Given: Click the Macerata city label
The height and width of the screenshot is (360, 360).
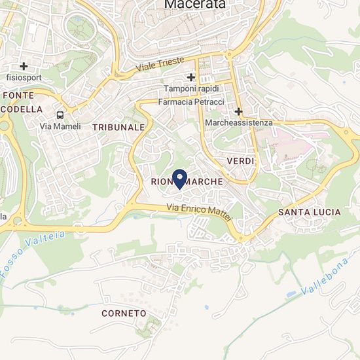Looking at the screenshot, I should (x=194, y=5).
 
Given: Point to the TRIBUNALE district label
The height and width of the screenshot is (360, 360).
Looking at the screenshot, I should (x=118, y=127).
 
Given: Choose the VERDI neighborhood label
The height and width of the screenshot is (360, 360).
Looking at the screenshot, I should (x=240, y=160).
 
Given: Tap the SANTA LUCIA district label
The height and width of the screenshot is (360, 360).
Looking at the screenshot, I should (x=309, y=212).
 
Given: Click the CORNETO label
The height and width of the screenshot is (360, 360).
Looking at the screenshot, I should (x=124, y=314).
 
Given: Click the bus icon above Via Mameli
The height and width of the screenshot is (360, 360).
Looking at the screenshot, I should (x=60, y=114).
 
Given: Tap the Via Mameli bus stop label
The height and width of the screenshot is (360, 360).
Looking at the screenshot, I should (x=60, y=126).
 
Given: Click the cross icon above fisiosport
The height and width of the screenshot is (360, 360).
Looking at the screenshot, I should (x=24, y=65).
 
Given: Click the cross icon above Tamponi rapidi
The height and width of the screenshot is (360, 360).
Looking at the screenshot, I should (x=190, y=77).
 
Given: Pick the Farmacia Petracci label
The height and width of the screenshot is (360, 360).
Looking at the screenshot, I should (x=190, y=101).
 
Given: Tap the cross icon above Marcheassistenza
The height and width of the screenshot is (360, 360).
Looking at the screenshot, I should (x=239, y=112).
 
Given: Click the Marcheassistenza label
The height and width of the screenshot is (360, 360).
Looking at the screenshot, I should (x=239, y=123).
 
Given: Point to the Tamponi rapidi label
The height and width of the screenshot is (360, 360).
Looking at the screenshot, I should (x=190, y=89).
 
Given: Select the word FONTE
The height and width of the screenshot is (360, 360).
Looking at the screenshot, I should (x=18, y=95).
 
